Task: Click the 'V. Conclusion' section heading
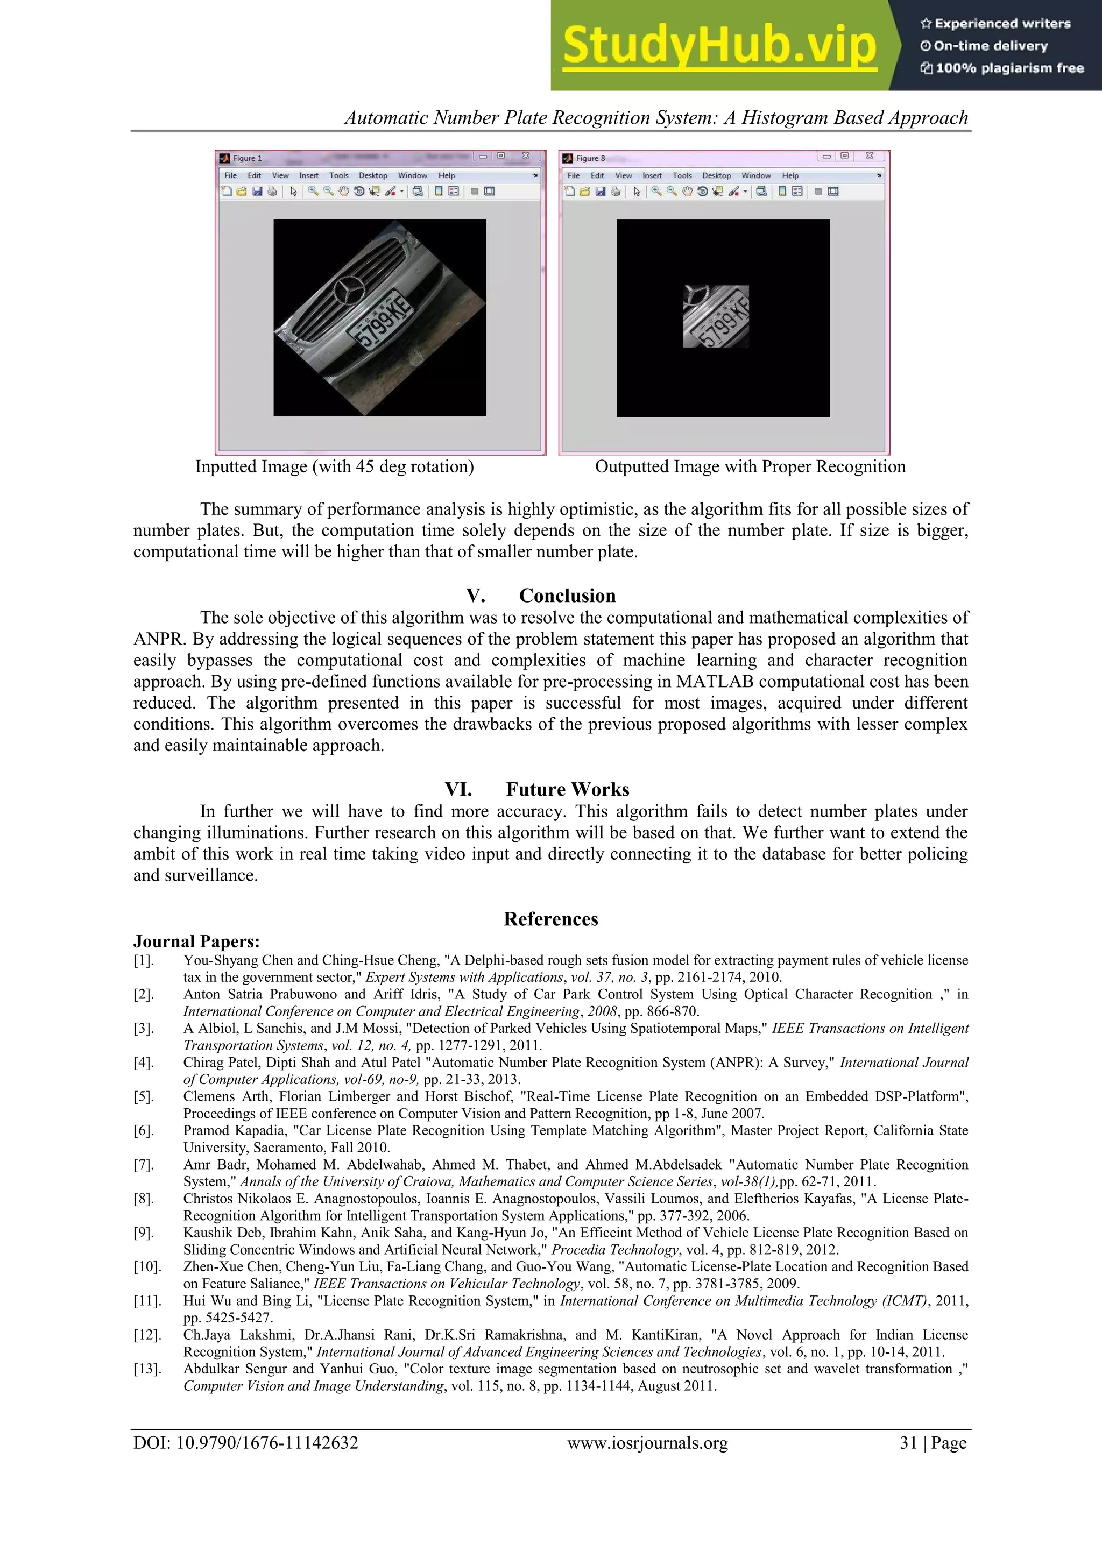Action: tap(541, 595)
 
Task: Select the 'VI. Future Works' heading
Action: tap(537, 789)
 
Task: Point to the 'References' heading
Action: tap(550, 919)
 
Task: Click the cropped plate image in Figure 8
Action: tap(716, 317)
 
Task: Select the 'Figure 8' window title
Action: tap(590, 158)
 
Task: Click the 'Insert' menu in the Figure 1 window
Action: tap(309, 175)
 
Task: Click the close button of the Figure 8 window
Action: tap(869, 156)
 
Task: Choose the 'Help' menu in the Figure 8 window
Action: tap(790, 175)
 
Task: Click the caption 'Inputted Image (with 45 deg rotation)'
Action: tap(335, 467)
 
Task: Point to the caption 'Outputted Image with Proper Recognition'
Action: tap(750, 467)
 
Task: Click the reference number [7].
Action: tap(143, 1164)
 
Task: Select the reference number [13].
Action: tap(146, 1369)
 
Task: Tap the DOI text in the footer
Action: tap(246, 1443)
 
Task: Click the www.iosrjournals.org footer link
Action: tap(647, 1443)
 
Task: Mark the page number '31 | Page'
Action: tap(933, 1443)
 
